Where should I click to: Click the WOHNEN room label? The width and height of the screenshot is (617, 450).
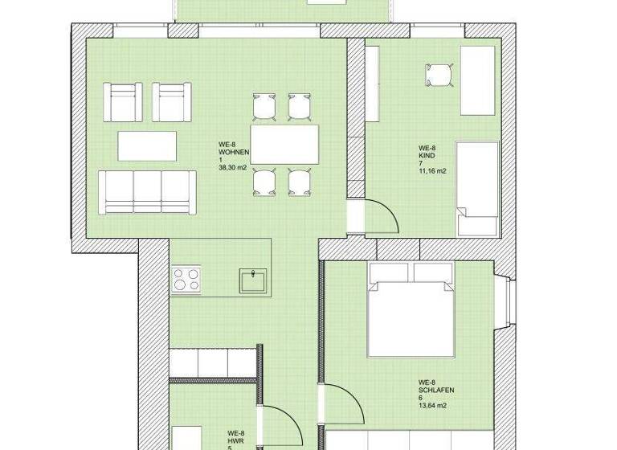click(234, 152)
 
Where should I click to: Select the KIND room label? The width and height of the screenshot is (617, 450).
click(426, 156)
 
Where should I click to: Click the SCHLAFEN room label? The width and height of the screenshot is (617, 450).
click(436, 390)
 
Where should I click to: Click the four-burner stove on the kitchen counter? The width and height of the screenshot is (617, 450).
click(186, 279)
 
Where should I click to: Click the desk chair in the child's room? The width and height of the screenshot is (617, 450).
click(439, 75)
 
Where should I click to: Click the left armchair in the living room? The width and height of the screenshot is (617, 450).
click(125, 101)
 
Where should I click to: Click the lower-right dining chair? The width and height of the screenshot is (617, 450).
click(300, 182)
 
